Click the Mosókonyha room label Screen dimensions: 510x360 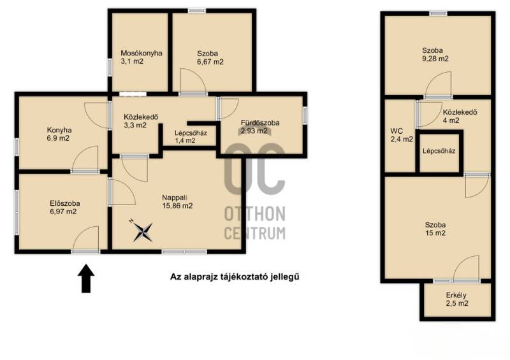(142, 54)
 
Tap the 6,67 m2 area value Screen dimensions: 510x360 (210, 62)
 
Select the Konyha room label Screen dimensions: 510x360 (59, 130)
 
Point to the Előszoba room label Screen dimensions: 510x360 (65, 204)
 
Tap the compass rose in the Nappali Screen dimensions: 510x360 (142, 231)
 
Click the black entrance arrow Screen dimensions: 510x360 (86, 278)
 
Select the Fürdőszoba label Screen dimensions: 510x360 (260, 123)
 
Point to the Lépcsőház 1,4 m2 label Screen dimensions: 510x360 (191, 137)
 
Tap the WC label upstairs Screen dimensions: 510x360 (397, 131)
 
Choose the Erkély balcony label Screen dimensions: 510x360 (456, 295)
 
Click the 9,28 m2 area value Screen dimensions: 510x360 (435, 59)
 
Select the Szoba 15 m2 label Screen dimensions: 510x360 (435, 229)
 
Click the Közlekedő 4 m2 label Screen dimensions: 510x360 (460, 117)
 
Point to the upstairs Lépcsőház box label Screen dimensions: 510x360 (439, 151)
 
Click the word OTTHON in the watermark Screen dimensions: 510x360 (255, 213)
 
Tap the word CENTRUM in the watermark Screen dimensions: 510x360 (255, 233)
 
